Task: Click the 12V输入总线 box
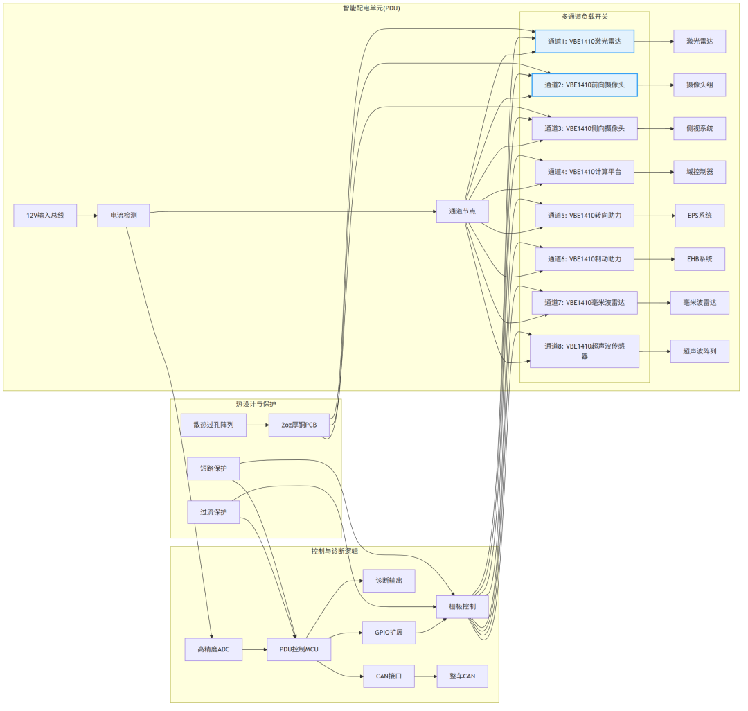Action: point(45,216)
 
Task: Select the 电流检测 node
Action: point(123,216)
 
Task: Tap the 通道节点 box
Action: point(462,211)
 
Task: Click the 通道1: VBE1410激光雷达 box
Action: point(585,42)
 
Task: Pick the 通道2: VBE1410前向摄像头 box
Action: point(585,85)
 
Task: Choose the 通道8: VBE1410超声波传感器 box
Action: point(585,351)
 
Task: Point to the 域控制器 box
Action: point(700,172)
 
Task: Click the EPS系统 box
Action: point(700,216)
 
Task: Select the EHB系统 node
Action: point(700,258)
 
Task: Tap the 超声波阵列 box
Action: point(700,351)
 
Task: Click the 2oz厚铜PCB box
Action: point(299,425)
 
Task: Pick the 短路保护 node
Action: point(213,468)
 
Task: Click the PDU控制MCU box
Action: point(299,649)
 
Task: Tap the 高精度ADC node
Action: point(213,649)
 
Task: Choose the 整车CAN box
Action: point(462,676)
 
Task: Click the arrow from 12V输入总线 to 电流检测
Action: point(87,216)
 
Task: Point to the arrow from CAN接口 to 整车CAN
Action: point(425,676)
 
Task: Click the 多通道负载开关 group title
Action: point(585,17)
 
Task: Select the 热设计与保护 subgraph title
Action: point(256,404)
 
